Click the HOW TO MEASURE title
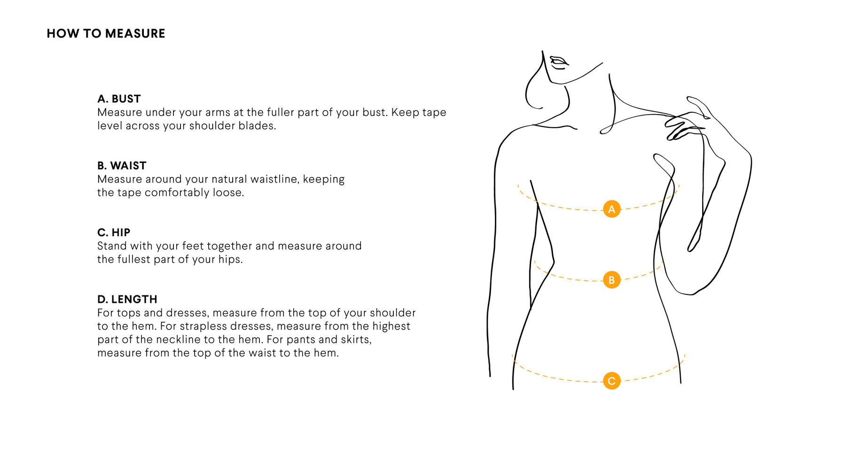[x=106, y=34]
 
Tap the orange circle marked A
[x=611, y=209]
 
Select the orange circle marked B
[x=611, y=280]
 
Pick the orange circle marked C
[x=611, y=381]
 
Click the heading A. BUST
[x=119, y=99]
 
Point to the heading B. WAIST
[x=122, y=166]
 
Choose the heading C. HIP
[x=114, y=232]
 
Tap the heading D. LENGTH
[x=127, y=299]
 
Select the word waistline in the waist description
[x=274, y=179]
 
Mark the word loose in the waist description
[x=228, y=193]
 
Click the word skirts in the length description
[x=356, y=340]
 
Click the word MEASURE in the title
[x=135, y=34]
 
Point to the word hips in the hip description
[x=230, y=260]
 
